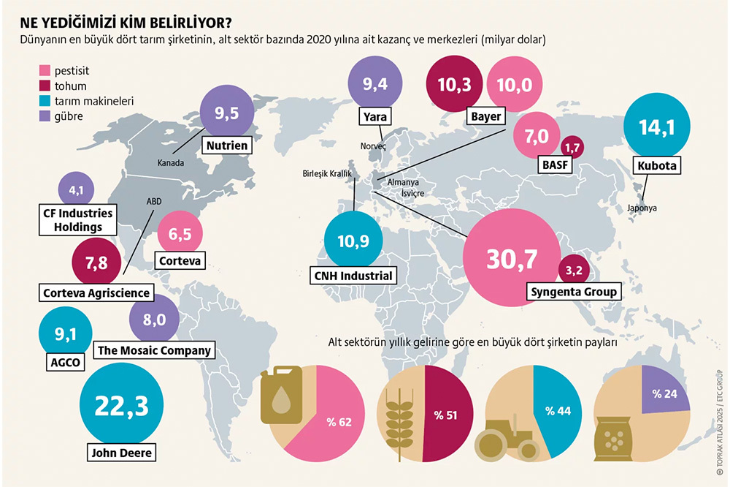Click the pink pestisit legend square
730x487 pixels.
coord(44,71)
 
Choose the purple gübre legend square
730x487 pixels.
coord(44,116)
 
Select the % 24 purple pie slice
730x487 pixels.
coord(664,395)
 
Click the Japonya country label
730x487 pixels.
coord(642,208)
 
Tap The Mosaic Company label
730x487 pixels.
coord(154,350)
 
